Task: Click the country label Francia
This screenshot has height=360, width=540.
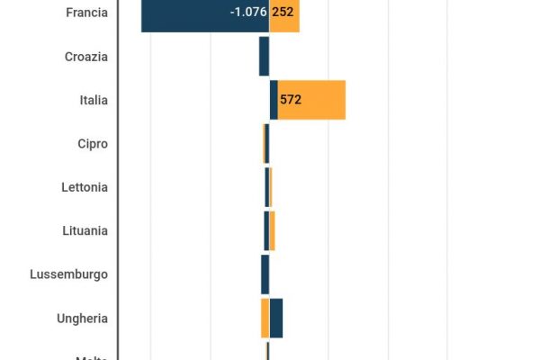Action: pyautogui.click(x=87, y=13)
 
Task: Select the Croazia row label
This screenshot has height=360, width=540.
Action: pyautogui.click(x=86, y=57)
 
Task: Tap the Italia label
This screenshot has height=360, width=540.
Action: pyautogui.click(x=94, y=100)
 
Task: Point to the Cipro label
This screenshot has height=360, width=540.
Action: pyautogui.click(x=93, y=144)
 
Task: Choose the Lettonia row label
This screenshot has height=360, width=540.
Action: pyautogui.click(x=85, y=187)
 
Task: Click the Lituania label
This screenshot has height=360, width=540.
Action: pyautogui.click(x=85, y=230)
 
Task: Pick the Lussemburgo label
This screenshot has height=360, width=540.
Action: pyautogui.click(x=68, y=274)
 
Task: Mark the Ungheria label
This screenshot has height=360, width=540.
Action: pyautogui.click(x=82, y=318)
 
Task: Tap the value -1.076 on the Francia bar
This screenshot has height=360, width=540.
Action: pyautogui.click(x=248, y=13)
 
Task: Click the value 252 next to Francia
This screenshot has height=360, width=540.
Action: pyautogui.click(x=283, y=13)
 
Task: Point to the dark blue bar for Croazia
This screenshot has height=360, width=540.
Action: pyautogui.click(x=264, y=57)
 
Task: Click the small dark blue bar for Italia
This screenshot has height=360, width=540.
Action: pyautogui.click(x=274, y=100)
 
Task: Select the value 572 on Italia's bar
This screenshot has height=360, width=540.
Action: pyautogui.click(x=291, y=100)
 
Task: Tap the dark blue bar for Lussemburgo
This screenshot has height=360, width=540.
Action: pyautogui.click(x=265, y=274)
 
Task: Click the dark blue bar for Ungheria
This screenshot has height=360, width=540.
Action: pyautogui.click(x=276, y=318)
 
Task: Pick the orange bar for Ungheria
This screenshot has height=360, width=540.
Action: pyautogui.click(x=265, y=318)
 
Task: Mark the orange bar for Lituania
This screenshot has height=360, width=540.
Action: pyautogui.click(x=272, y=230)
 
